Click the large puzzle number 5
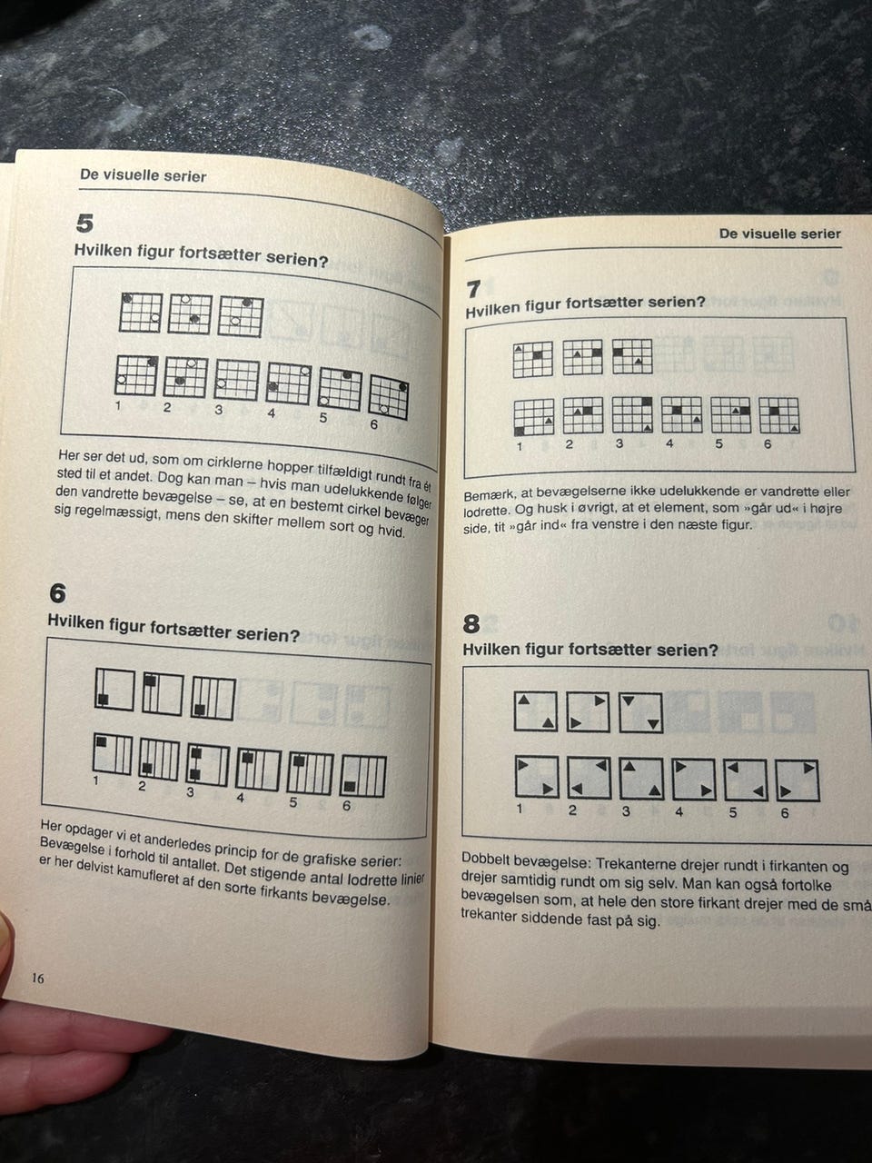point(84,224)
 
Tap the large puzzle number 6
point(58,593)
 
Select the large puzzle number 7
point(473,289)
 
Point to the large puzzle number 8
point(471,624)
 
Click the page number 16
point(37,978)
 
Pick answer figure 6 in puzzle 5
point(389,397)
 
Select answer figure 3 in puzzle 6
point(207,766)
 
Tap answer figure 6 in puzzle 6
point(362,776)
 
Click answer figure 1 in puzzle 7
point(534,417)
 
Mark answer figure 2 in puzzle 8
point(589,778)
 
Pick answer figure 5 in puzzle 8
point(746,780)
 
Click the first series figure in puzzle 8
point(536,711)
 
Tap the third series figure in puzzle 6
point(213,698)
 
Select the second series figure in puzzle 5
point(190,314)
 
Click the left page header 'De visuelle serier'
point(143,175)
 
